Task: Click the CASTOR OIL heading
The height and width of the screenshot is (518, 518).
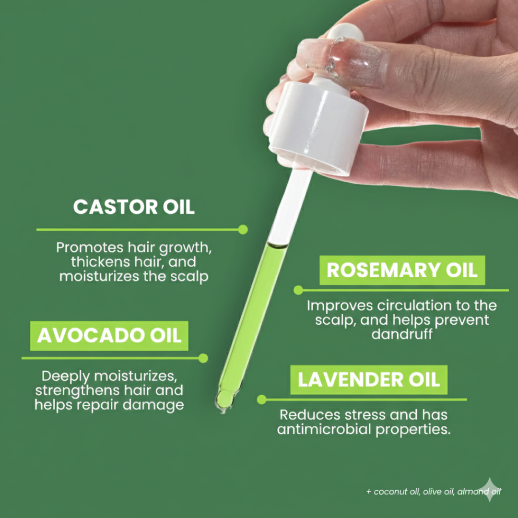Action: (x=134, y=207)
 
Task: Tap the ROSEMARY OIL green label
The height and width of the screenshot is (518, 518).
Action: (x=402, y=271)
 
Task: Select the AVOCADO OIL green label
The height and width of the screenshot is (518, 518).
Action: (x=109, y=336)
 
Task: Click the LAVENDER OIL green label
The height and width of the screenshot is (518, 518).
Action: (x=368, y=380)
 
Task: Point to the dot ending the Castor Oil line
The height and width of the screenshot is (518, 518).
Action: (x=243, y=229)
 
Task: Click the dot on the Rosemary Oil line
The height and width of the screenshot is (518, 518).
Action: (x=298, y=290)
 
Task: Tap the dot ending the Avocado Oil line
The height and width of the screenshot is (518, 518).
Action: (x=203, y=358)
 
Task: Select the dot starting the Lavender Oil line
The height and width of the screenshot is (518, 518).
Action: (x=261, y=400)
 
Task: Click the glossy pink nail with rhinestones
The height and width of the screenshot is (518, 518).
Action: (x=336, y=62)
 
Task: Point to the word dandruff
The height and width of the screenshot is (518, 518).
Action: (x=402, y=334)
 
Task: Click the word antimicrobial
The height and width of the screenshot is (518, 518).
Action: (x=324, y=429)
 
